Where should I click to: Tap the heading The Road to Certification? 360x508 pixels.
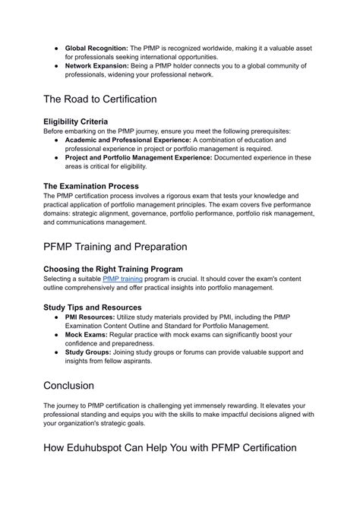100,99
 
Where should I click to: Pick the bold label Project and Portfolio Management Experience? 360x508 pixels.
139,158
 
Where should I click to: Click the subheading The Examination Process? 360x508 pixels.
91,185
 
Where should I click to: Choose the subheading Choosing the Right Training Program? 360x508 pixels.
113,269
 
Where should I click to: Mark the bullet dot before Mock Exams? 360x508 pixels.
58,335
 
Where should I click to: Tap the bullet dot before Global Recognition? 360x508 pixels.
58,48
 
